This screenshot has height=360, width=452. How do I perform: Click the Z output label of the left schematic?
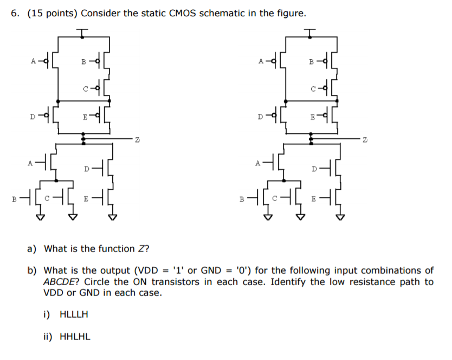click(137, 140)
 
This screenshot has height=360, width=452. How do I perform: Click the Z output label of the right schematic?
click(365, 140)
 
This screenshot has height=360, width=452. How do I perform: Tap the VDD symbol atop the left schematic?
click(82, 33)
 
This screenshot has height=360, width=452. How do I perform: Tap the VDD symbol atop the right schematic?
click(310, 33)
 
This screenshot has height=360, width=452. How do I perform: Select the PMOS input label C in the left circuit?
click(85, 89)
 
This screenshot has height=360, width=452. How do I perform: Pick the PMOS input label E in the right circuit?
click(313, 117)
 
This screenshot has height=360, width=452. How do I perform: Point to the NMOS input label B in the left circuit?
click(14, 200)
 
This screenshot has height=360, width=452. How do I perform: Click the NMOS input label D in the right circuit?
click(314, 169)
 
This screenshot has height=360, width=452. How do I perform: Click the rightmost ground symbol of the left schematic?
click(113, 217)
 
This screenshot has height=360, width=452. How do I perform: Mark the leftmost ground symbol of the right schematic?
click(268, 217)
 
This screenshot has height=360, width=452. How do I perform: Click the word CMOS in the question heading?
click(183, 13)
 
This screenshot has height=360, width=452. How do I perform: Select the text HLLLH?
click(74, 314)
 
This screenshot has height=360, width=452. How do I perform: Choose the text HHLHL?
click(75, 337)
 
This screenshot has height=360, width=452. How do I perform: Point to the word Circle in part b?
click(98, 281)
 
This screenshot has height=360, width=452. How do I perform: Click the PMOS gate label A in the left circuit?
click(33, 61)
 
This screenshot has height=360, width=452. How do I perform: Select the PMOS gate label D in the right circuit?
click(260, 117)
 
